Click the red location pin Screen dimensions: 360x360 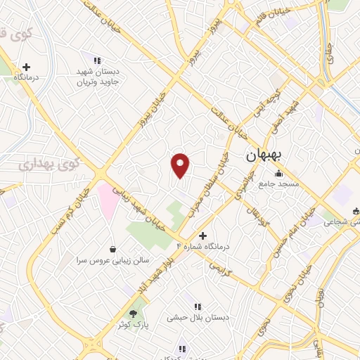click(180, 165)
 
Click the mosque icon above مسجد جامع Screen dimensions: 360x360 click(279, 174)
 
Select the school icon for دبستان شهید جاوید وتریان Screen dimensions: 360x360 click(97, 61)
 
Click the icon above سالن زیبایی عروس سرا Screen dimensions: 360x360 click(113, 249)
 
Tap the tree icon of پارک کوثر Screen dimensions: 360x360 click(134, 314)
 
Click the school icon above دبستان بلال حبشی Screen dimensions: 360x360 click(198, 307)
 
